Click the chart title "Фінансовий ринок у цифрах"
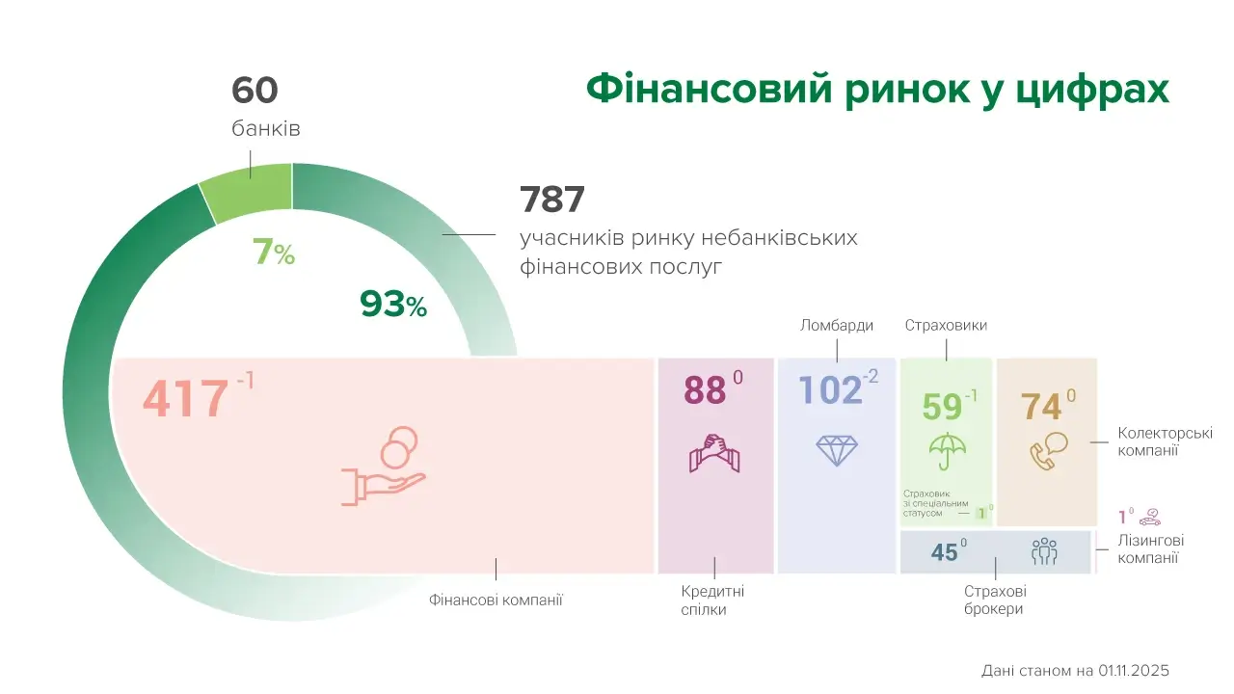coord(877,89)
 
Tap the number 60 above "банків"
coord(255,91)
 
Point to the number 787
coord(552,200)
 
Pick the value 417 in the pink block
coord(186,399)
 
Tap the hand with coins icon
coord(384,467)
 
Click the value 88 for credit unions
coord(704,390)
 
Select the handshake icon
coord(714,453)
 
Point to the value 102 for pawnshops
coord(830,390)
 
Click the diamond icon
coord(836,451)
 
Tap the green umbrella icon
coord(947,451)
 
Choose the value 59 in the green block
coord(942,407)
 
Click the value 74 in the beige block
coord(1041,407)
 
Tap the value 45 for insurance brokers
coord(944,552)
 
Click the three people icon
coord(1044,552)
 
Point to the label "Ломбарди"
coord(837,325)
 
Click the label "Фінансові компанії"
coord(496,600)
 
